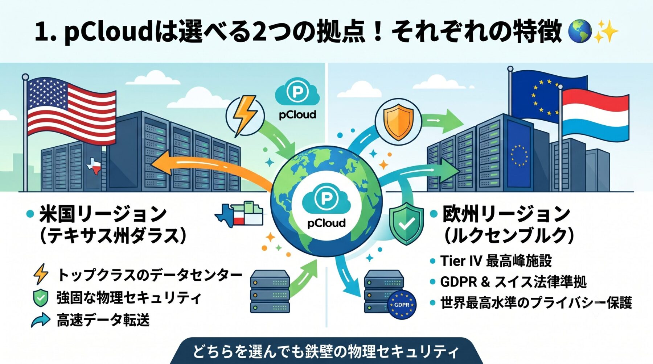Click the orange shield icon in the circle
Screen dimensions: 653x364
pyautogui.click(x=398, y=121)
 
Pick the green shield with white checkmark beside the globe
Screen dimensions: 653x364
pyautogui.click(x=406, y=223)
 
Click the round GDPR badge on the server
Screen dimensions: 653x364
pyautogui.click(x=401, y=305)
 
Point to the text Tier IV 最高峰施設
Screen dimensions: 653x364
pyautogui.click(x=496, y=261)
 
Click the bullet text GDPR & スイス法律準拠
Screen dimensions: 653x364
pyautogui.click(x=513, y=282)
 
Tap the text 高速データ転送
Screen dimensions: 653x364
pyautogui.click(x=103, y=320)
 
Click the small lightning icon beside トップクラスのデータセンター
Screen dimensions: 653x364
pyautogui.click(x=41, y=274)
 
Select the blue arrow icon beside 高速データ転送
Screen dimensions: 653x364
pyautogui.click(x=41, y=320)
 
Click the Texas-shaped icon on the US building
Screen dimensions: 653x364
pyautogui.click(x=94, y=166)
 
